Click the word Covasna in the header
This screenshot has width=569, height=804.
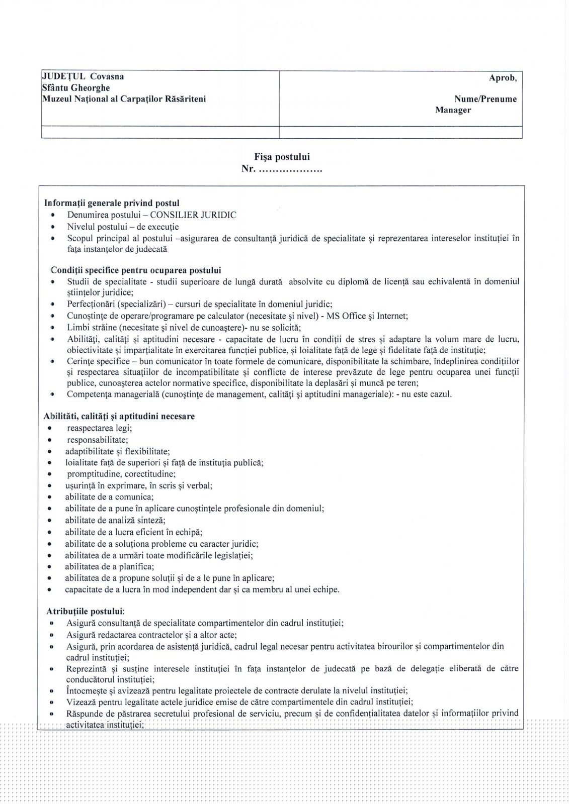pyautogui.click(x=107, y=77)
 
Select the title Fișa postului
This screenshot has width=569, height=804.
pyautogui.click(x=282, y=157)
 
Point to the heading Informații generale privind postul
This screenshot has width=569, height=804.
pyautogui.click(x=112, y=204)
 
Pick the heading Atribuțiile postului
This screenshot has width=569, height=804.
pyautogui.click(x=86, y=612)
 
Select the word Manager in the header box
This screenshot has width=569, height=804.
pyautogui.click(x=453, y=110)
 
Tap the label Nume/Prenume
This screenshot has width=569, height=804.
pyautogui.click(x=485, y=99)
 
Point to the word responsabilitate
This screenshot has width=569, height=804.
pyautogui.click(x=98, y=440)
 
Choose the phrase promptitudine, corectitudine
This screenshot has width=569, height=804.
pyautogui.click(x=121, y=474)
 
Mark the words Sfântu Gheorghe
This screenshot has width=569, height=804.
pyautogui.click(x=76, y=88)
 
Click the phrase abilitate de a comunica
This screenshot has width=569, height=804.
pyautogui.click(x=109, y=497)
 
